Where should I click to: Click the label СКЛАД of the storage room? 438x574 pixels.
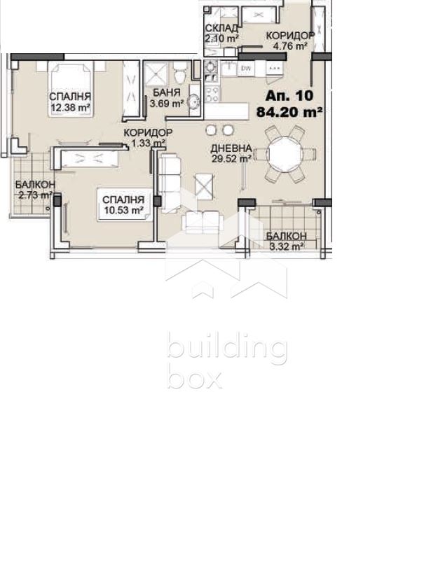click(x=221, y=28)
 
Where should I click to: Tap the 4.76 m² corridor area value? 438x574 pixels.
click(x=290, y=46)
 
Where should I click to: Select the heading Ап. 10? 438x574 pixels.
click(x=289, y=95)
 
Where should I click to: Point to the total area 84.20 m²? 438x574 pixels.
click(x=289, y=112)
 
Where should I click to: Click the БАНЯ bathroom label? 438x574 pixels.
click(x=167, y=92)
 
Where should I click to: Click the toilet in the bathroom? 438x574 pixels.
click(x=180, y=73)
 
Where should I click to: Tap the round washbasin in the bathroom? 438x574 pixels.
click(x=193, y=101)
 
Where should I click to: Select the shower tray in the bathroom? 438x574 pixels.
click(x=156, y=74)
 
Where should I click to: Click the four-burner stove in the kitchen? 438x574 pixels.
click(x=212, y=94)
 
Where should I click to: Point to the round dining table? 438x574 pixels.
click(x=285, y=154)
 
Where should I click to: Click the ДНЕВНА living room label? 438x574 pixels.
click(x=231, y=148)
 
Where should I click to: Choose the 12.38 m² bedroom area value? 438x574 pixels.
click(x=70, y=108)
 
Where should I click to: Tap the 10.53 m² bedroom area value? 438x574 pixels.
click(x=123, y=211)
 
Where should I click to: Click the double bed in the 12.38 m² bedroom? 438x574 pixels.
click(x=70, y=90)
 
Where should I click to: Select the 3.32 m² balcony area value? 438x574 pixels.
click(x=287, y=246)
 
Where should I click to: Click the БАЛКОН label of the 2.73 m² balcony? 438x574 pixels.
click(x=35, y=184)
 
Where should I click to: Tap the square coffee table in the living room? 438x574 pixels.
click(x=204, y=187)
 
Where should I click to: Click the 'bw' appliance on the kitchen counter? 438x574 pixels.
click(x=246, y=69)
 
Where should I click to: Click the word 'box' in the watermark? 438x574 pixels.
click(x=195, y=378)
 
